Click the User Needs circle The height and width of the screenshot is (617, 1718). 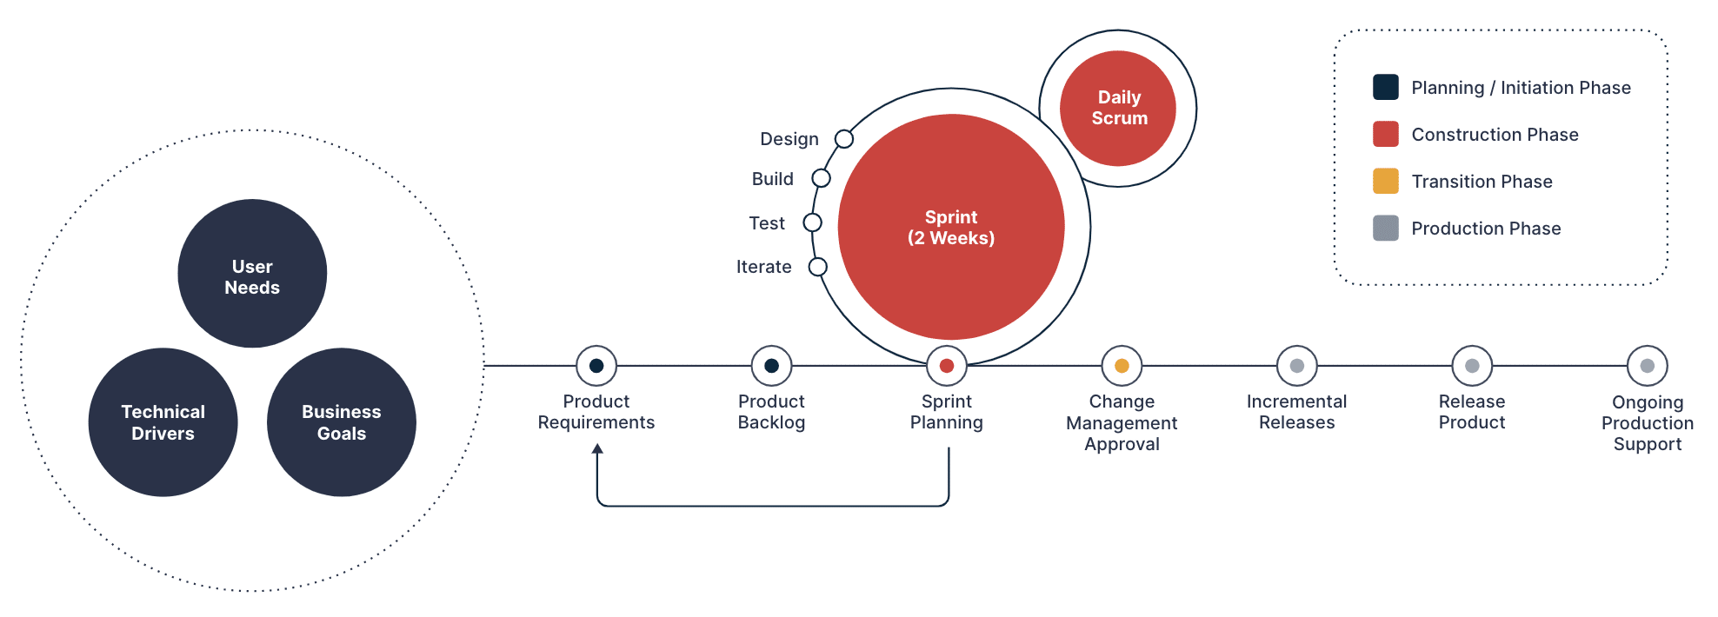tap(252, 274)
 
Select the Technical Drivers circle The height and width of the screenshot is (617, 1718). tap(163, 422)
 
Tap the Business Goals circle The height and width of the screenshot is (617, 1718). tap(342, 422)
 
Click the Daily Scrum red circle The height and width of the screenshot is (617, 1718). tap(1118, 108)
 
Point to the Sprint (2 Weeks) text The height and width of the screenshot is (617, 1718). tap(950, 228)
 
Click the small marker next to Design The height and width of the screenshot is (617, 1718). tap(843, 139)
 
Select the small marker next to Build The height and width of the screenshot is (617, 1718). tap(821, 178)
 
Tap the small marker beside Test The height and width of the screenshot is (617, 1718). tap(812, 222)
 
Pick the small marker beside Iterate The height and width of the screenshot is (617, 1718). tap(817, 267)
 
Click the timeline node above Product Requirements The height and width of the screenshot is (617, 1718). tap(596, 366)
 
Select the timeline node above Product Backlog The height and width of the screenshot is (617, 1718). tap(771, 366)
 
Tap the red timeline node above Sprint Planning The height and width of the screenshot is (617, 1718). tap(947, 366)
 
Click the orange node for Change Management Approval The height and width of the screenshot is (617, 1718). tap(1122, 366)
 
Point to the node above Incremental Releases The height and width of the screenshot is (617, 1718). tap(1296, 366)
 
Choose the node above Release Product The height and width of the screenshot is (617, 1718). tap(1472, 366)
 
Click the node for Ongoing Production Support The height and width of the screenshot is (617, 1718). tap(1647, 366)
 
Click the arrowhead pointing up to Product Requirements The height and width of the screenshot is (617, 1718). tap(597, 448)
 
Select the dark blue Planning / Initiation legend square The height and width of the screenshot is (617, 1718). tap(1385, 87)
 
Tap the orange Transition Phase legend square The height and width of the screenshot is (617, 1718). tap(1385, 181)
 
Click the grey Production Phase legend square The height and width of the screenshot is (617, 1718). tap(1385, 228)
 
